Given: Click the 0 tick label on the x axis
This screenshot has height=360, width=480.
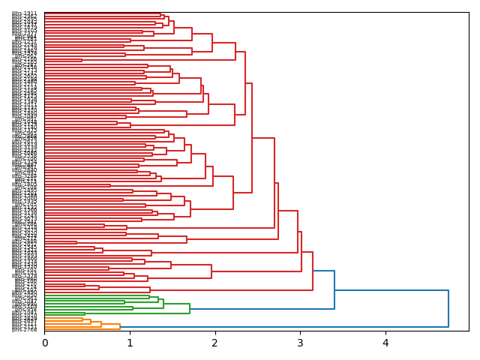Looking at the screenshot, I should [45, 343].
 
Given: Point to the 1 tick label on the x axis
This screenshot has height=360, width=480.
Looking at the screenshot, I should [130, 343].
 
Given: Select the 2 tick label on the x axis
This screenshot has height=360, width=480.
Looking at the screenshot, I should [215, 343].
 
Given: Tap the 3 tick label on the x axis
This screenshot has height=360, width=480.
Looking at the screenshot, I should [300, 343].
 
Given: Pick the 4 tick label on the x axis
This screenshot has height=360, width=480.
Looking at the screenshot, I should [385, 343].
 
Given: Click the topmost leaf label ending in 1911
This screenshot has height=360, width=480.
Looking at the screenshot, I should [25, 13].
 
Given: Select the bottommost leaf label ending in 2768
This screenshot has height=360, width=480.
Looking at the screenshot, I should [25, 329].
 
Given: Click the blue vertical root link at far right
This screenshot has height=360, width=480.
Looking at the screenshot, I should [448, 308].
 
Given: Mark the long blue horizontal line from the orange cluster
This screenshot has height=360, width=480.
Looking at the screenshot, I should [285, 327].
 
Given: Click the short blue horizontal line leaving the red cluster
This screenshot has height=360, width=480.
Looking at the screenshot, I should [323, 271].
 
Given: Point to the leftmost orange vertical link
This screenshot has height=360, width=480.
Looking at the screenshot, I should [82, 319].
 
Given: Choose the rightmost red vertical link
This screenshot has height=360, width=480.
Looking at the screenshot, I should [313, 271].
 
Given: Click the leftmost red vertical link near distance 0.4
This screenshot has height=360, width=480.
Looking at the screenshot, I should [76, 242].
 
